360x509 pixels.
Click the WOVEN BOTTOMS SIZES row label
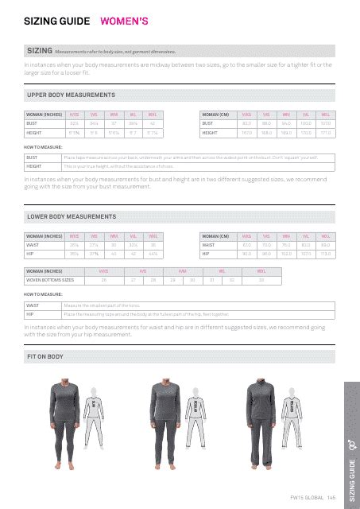tap(51, 280)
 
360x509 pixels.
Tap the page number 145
tap(331, 497)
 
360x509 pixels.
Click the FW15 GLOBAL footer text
tap(306, 497)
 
